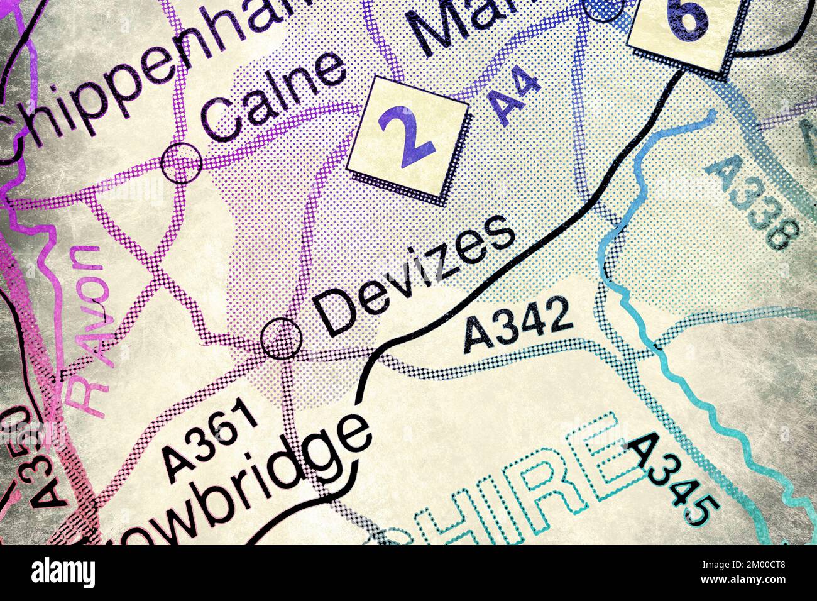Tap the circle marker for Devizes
[x=281, y=338]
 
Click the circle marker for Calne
[x=182, y=162]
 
